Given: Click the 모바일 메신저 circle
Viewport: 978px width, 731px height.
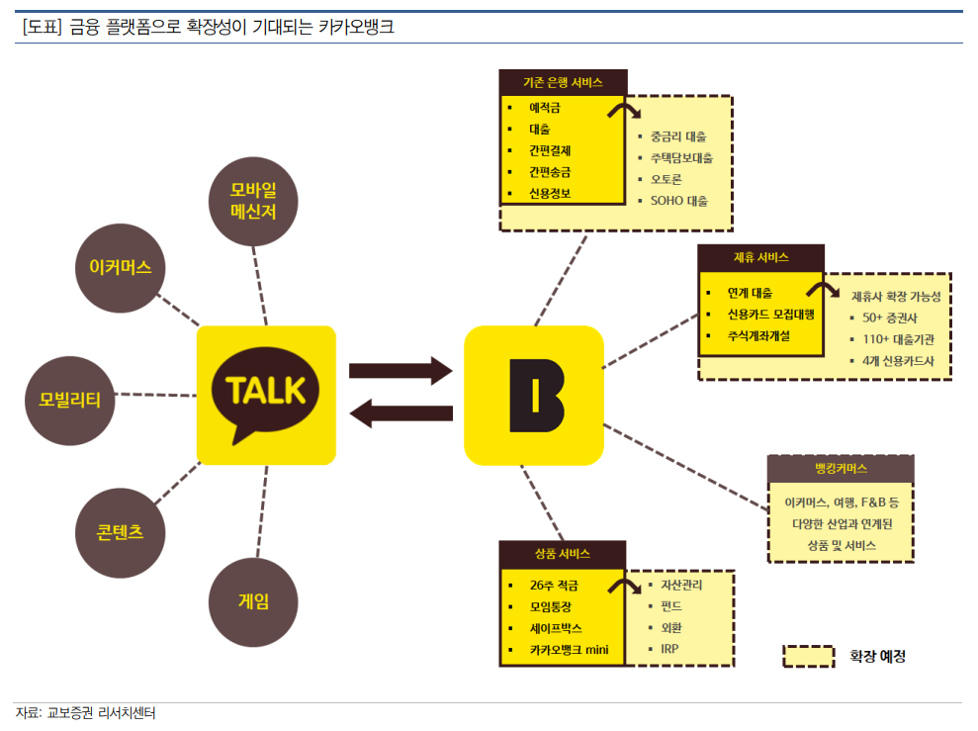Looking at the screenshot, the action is (x=253, y=202).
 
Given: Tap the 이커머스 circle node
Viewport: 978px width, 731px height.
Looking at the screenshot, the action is (x=121, y=268).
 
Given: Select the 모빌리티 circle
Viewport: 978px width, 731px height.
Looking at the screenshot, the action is (x=70, y=401).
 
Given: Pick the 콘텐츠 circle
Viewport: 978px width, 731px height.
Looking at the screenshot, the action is (x=121, y=532).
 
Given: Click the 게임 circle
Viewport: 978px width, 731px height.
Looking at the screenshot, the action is (x=253, y=601).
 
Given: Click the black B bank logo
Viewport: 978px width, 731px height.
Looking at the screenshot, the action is (x=536, y=396).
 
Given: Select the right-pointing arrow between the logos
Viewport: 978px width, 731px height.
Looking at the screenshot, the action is (x=400, y=371).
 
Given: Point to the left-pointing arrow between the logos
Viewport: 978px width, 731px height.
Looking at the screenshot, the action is (x=400, y=412).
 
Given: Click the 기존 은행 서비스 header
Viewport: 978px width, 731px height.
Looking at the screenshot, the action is (x=564, y=82).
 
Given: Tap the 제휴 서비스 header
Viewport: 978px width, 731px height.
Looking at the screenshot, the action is (x=761, y=257).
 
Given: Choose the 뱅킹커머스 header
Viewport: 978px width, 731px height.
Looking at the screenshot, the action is (x=841, y=469).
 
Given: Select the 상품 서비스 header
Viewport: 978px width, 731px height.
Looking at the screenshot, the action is (x=562, y=554).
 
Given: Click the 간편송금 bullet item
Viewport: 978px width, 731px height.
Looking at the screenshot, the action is (x=550, y=172).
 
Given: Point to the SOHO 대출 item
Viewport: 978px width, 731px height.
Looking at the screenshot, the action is (x=679, y=201).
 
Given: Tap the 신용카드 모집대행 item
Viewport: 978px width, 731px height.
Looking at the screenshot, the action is (x=771, y=315).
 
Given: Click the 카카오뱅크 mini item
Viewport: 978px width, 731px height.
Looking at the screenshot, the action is (x=569, y=650).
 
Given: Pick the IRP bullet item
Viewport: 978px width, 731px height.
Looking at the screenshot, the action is (x=669, y=649).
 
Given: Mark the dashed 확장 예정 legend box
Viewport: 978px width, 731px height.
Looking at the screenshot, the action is (x=809, y=656).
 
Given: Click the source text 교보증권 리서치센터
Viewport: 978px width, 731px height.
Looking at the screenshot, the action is (x=102, y=713).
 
